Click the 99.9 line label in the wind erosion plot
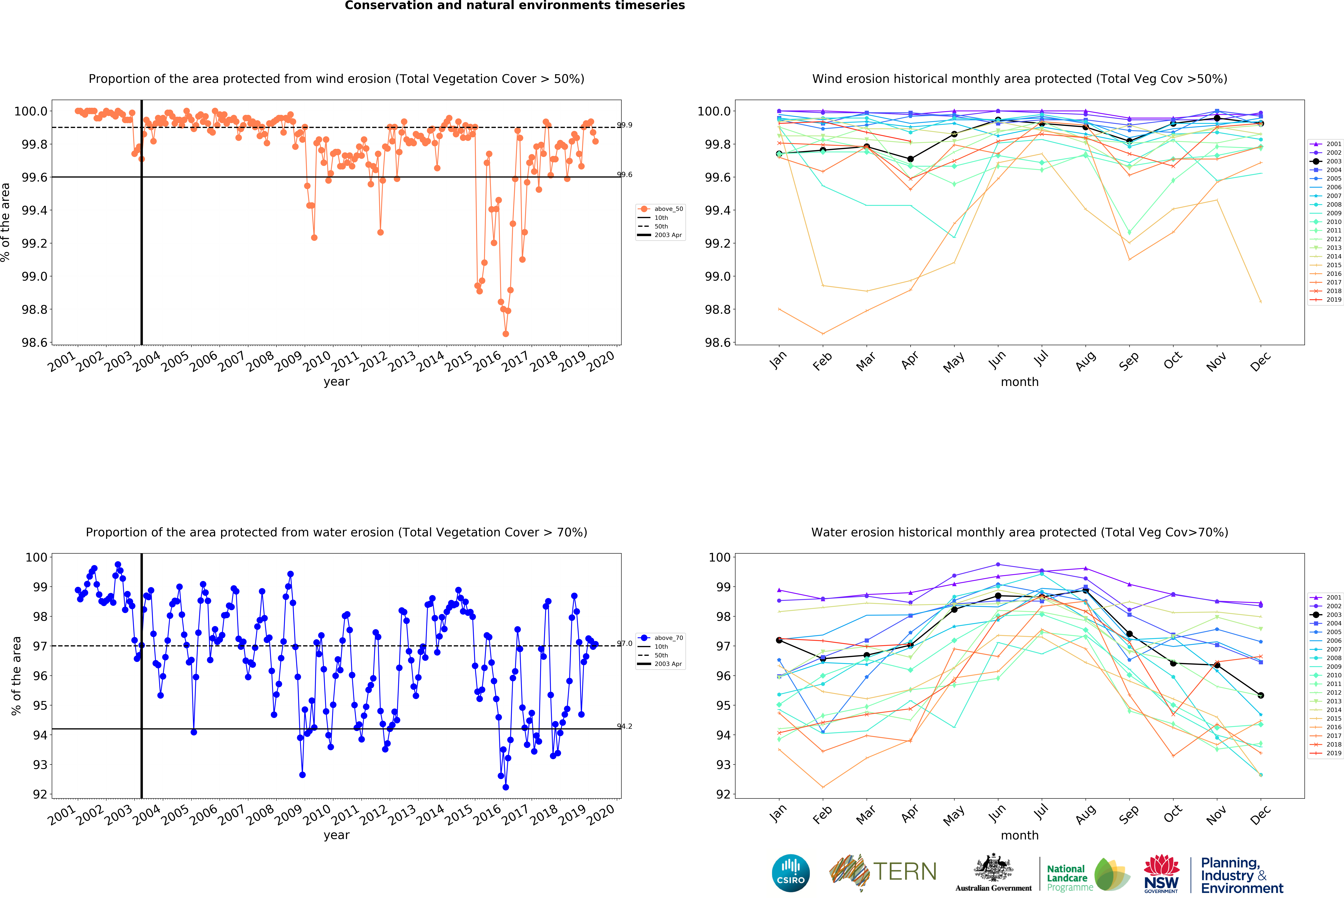[625, 125]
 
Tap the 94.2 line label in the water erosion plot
[625, 726]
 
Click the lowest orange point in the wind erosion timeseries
[505, 334]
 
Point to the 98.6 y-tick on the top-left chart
[34, 342]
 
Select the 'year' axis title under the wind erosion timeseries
[337, 382]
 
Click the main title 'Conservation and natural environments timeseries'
[515, 6]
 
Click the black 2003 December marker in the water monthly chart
[1261, 695]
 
